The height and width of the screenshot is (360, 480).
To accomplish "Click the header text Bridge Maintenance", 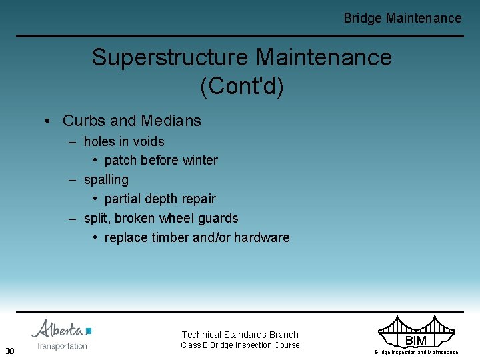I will coord(402,18).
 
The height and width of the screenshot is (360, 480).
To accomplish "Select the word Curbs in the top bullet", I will coord(84,121).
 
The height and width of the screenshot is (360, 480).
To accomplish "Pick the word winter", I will coord(199,160).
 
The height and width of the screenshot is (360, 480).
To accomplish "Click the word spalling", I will coord(106,179).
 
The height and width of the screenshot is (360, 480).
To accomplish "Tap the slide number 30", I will coord(9,351).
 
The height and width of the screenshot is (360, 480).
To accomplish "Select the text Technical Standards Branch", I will coord(240,335).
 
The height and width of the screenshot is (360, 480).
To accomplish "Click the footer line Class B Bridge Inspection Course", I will coord(240,345).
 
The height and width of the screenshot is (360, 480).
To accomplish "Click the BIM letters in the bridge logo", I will coord(416,341).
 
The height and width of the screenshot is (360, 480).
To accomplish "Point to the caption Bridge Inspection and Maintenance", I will coord(416,352).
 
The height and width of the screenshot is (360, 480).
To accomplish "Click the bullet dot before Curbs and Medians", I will coord(47,121).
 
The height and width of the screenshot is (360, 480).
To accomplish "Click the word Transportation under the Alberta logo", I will coord(62,346).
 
